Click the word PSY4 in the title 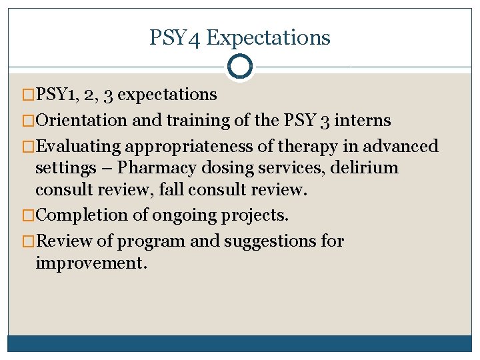[175, 37]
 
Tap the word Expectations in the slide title [268, 37]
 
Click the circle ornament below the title [240, 67]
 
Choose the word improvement [91, 263]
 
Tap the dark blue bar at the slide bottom [240, 343]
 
